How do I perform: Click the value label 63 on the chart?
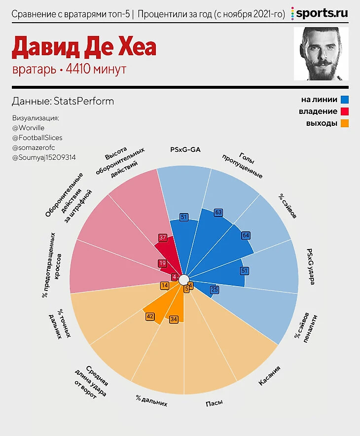[x=218, y=213]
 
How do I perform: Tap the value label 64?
[x=246, y=236]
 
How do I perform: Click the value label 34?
[x=173, y=320]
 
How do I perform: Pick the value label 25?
[x=215, y=290]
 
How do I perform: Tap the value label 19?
[x=162, y=263]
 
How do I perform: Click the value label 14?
[x=165, y=286]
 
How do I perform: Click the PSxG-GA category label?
[x=185, y=149]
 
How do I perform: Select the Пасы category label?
[x=214, y=403]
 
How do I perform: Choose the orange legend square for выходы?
[x=345, y=123]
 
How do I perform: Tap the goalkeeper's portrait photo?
[x=321, y=54]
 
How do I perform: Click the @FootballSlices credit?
[x=37, y=138]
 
